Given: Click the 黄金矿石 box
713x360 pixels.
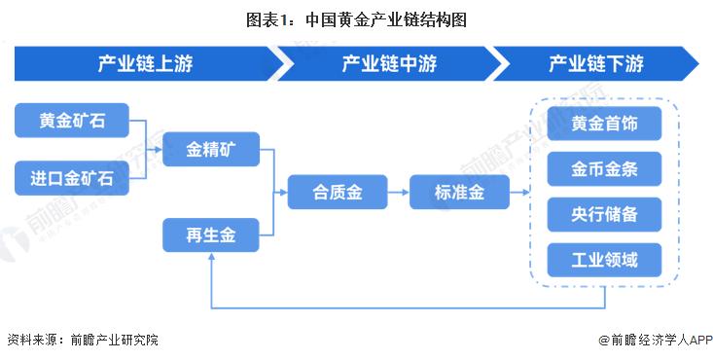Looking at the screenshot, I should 73,122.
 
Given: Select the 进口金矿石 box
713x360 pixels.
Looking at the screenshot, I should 73,179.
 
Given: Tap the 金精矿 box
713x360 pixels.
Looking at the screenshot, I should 210,150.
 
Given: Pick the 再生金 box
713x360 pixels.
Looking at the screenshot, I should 210,235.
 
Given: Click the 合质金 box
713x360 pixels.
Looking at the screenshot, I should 338,193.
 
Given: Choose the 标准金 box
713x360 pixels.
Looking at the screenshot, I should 459,193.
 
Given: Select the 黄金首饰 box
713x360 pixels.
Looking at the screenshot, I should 604,125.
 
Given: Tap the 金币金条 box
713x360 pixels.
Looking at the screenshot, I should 604,169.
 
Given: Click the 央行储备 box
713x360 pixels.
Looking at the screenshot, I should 604,214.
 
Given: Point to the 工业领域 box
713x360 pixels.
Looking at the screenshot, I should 604,259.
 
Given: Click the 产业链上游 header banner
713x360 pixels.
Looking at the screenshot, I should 146,64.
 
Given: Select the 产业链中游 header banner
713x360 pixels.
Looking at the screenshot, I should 389,64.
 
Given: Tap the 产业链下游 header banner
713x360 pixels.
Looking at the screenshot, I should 595,64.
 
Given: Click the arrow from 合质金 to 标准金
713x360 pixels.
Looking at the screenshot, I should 398,193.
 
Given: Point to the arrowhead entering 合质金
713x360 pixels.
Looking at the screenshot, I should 283,193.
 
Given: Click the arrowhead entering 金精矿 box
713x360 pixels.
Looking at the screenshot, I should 158,150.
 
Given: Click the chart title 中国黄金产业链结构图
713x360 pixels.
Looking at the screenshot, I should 356,18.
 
